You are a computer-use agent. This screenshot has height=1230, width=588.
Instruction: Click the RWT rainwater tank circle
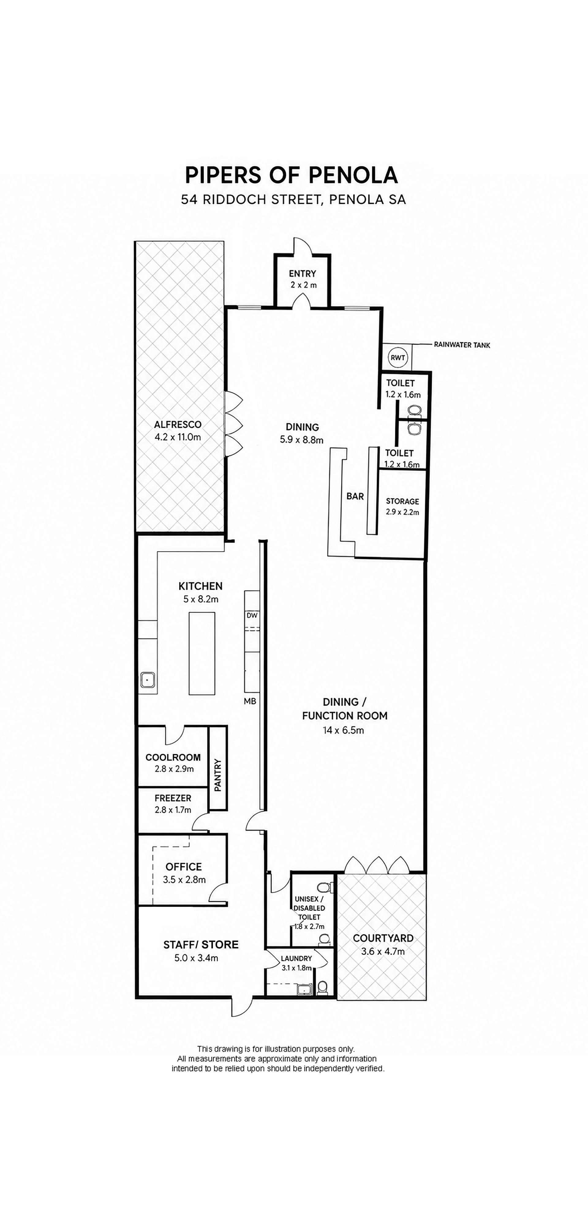click(398, 358)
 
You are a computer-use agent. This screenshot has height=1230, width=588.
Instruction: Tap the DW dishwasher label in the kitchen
click(252, 616)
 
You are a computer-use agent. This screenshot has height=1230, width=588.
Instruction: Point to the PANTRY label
click(218, 775)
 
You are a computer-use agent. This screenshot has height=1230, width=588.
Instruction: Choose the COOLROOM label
click(173, 757)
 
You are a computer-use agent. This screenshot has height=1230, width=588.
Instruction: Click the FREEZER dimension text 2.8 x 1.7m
click(173, 809)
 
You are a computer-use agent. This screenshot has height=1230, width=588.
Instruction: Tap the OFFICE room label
click(184, 867)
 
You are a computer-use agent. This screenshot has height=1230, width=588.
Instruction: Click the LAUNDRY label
click(296, 958)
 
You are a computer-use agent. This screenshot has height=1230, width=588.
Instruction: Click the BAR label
click(355, 497)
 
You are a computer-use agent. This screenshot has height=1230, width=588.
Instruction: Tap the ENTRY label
click(302, 274)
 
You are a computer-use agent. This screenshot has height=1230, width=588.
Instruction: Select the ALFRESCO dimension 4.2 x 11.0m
click(178, 437)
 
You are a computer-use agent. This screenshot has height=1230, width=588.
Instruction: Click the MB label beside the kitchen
click(250, 701)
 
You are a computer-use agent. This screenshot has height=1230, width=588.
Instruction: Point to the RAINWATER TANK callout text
click(462, 345)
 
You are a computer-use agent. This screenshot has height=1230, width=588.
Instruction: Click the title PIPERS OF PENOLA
click(291, 175)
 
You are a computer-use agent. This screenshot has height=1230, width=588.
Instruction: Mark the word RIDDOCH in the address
click(236, 199)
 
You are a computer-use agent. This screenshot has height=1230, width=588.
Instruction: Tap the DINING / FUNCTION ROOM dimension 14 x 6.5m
click(343, 730)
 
